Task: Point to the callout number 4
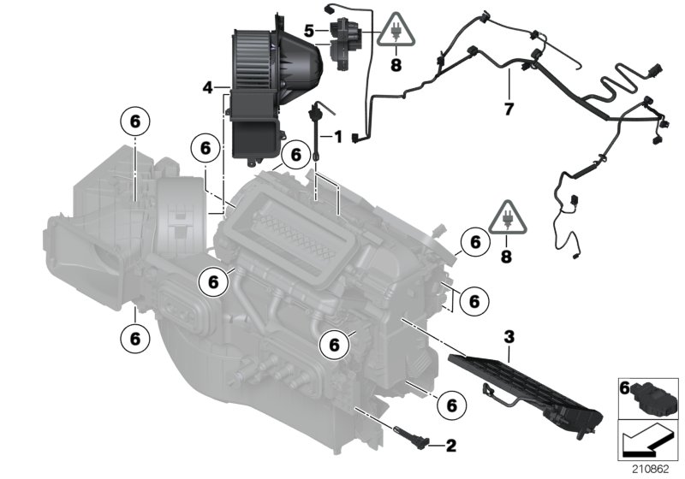[207, 87]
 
